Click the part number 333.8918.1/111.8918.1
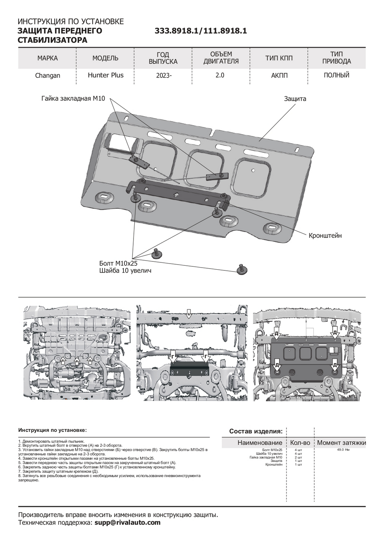201,31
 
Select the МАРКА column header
47,58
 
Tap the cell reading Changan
47,76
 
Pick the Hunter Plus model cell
106,75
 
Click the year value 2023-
164,76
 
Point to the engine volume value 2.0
220,75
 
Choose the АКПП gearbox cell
279,76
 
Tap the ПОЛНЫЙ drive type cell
337,75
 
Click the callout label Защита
295,98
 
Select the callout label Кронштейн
325,236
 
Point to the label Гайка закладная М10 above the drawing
73,98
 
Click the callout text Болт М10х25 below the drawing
118,263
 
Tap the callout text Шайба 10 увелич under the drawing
125,270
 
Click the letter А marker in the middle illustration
188,315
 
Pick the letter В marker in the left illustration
76,361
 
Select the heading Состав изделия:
256,431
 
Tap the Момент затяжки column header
341,443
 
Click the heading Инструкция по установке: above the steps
52,430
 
